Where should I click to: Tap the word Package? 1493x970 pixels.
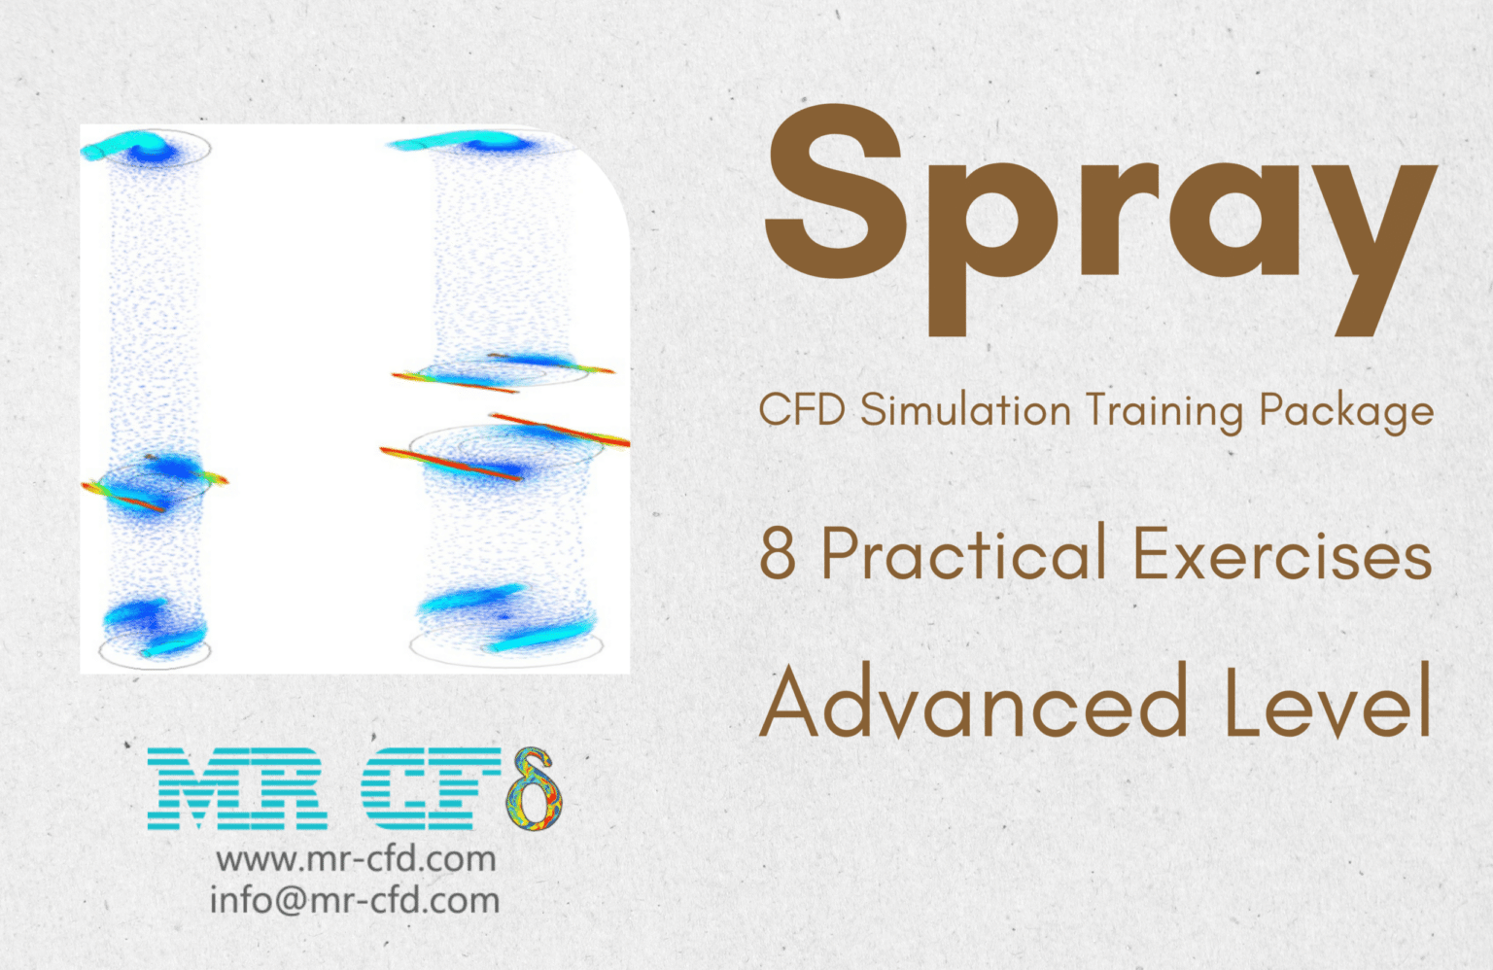point(1346,412)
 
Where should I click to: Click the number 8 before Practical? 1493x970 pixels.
point(778,554)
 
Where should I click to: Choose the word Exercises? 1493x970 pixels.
point(1282,554)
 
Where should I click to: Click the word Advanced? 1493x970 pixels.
point(973,702)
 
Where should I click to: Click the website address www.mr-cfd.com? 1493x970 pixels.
point(356,859)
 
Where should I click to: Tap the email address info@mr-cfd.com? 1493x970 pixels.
point(355,900)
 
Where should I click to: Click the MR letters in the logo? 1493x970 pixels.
point(238,788)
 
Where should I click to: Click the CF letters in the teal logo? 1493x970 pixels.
point(433,788)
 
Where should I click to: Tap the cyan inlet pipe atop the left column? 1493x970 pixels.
point(115,148)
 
